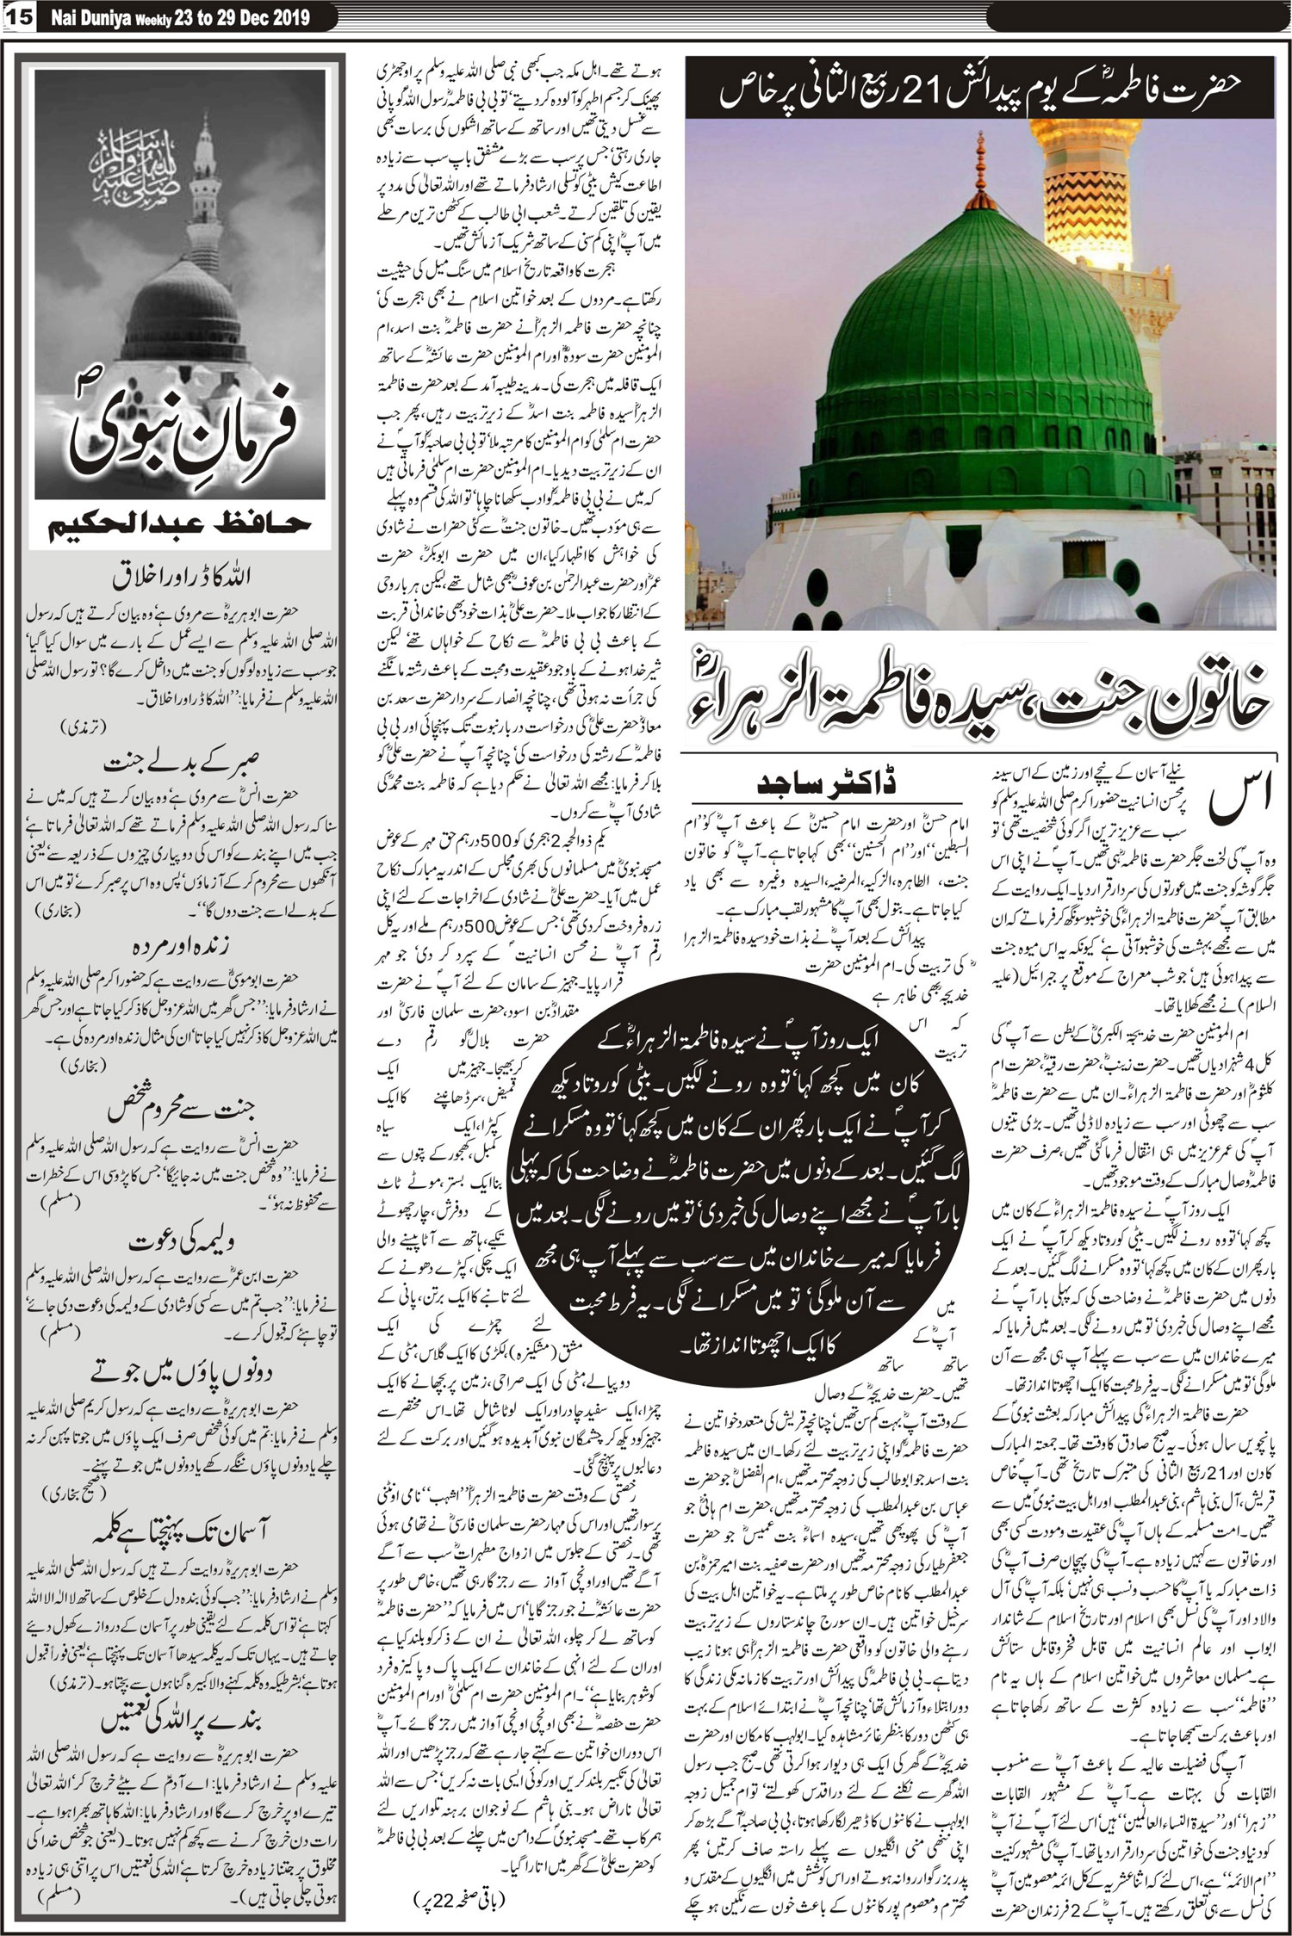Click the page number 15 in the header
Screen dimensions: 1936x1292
point(19,16)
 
